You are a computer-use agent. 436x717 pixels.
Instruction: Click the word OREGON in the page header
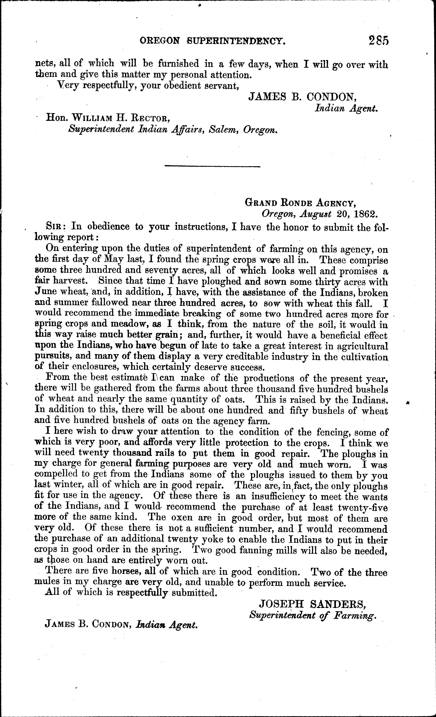coord(159,41)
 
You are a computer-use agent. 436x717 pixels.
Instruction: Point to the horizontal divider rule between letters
coord(212,166)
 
